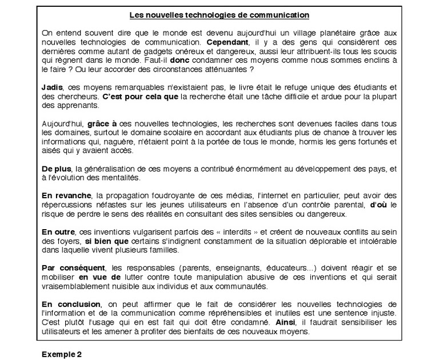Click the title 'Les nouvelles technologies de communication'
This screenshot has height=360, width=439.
(x=219, y=15)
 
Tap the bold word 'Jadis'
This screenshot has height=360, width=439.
(x=52, y=87)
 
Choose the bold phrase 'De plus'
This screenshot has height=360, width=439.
(x=57, y=169)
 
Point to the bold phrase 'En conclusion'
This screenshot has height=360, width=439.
(x=70, y=303)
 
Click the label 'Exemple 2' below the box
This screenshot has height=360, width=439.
(x=62, y=354)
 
